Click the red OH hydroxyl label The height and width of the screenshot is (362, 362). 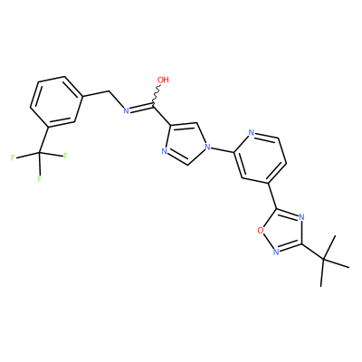(x=163, y=80)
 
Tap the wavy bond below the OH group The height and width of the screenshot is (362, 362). (x=157, y=95)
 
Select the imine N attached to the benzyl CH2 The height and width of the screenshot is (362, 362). (x=127, y=110)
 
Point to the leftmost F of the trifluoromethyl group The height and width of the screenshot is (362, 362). (x=13, y=157)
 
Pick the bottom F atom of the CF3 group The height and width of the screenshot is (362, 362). (x=40, y=178)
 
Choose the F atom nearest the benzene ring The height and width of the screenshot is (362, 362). (x=65, y=156)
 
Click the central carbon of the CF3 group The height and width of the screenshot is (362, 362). (x=39, y=154)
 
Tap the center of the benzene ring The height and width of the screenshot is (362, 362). (x=56, y=101)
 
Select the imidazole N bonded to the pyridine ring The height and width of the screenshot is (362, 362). (x=207, y=147)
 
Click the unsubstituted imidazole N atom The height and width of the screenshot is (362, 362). (x=165, y=151)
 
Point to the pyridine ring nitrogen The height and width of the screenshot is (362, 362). (x=252, y=133)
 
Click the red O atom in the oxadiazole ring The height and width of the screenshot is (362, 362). (x=260, y=231)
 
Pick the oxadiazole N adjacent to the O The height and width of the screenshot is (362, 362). (x=275, y=252)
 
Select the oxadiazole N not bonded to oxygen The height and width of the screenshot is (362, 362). (x=301, y=217)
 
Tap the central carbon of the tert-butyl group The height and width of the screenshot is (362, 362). (x=323, y=259)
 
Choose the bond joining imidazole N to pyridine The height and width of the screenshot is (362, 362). (x=223, y=150)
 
